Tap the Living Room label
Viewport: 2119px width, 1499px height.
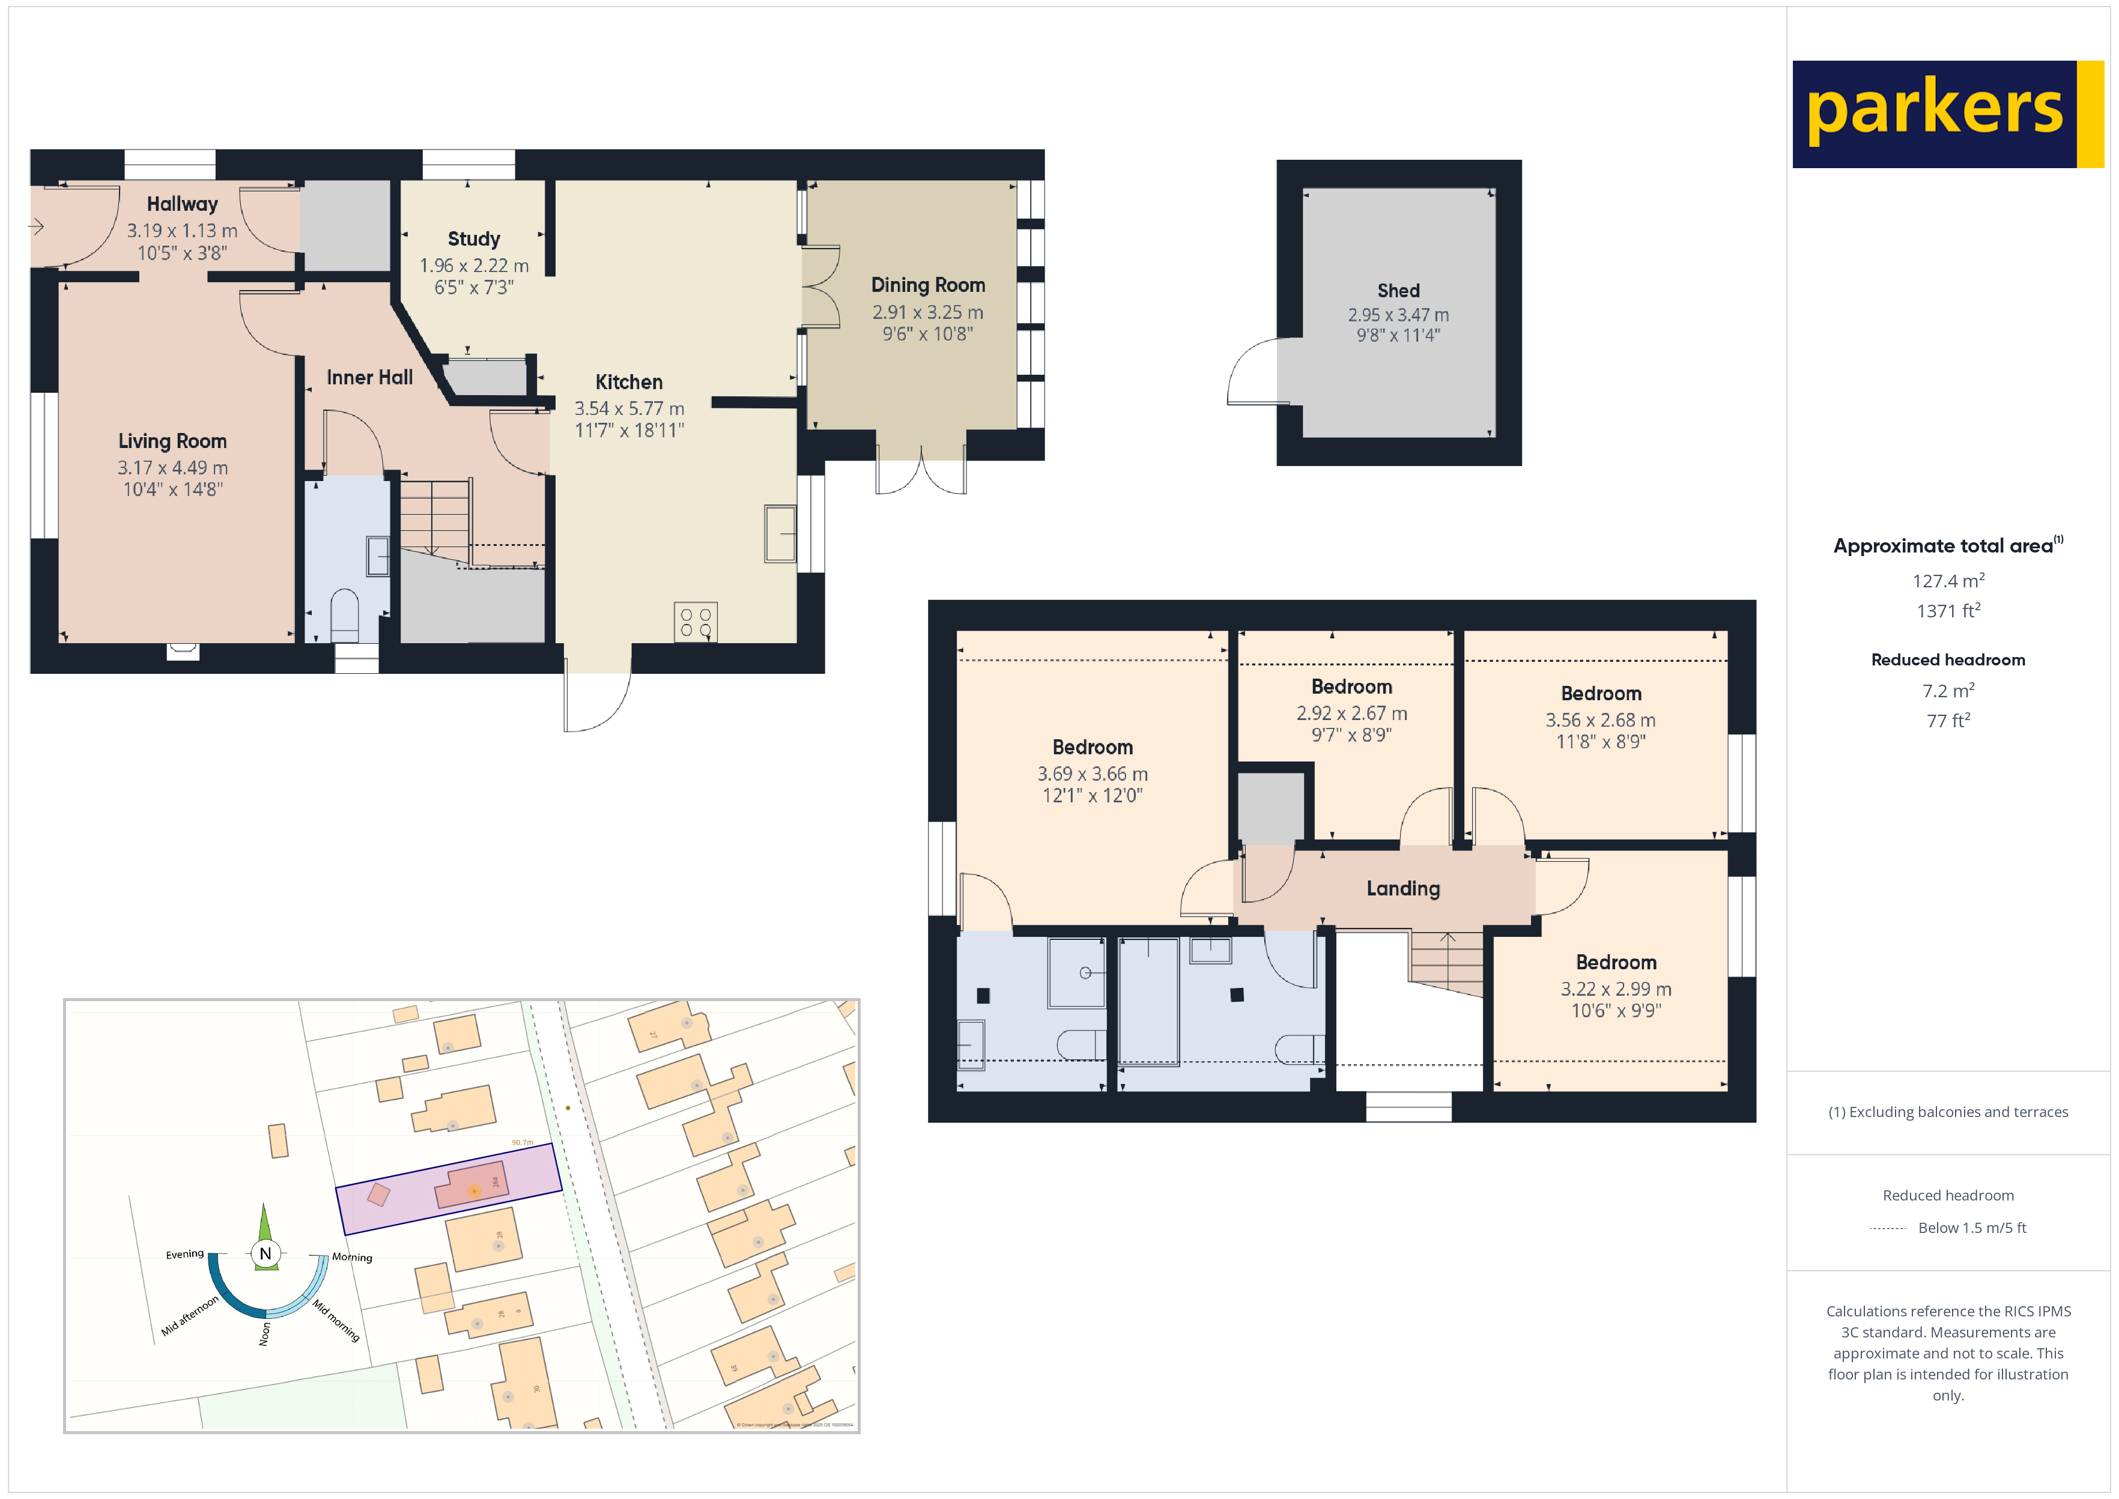tap(172, 441)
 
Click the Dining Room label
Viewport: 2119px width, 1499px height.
tap(927, 285)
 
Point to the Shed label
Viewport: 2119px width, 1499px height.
tap(1398, 291)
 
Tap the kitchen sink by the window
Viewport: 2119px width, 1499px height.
tap(780, 533)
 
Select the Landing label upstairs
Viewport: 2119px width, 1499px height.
tap(1403, 889)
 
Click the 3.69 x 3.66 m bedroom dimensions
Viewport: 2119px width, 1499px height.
tap(1092, 774)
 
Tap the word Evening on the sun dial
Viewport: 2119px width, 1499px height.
tap(184, 1255)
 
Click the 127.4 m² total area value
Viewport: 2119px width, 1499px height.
tap(1947, 581)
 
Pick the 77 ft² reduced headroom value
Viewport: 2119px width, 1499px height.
tap(1947, 721)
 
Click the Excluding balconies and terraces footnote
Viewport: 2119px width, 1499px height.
tap(1947, 1112)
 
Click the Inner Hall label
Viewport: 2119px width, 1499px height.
tap(369, 378)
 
